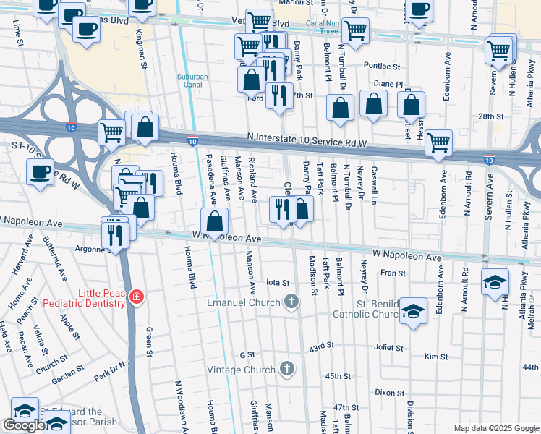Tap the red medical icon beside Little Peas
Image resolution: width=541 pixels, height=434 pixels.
click(x=135, y=297)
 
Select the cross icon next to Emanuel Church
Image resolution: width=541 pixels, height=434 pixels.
click(x=291, y=302)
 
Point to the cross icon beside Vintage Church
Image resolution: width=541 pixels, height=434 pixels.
click(x=287, y=370)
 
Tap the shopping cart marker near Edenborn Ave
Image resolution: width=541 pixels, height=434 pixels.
click(x=438, y=143)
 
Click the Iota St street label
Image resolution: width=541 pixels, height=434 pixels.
click(x=278, y=283)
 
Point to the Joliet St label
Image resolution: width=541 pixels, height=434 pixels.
click(x=389, y=348)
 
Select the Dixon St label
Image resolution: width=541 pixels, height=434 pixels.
click(x=389, y=393)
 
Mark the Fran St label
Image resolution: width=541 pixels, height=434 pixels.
click(x=393, y=273)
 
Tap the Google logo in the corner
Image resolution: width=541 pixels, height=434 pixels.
click(x=25, y=425)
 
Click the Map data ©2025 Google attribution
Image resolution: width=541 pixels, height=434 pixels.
click(x=495, y=428)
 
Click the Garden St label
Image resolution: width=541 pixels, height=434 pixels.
click(x=69, y=375)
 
